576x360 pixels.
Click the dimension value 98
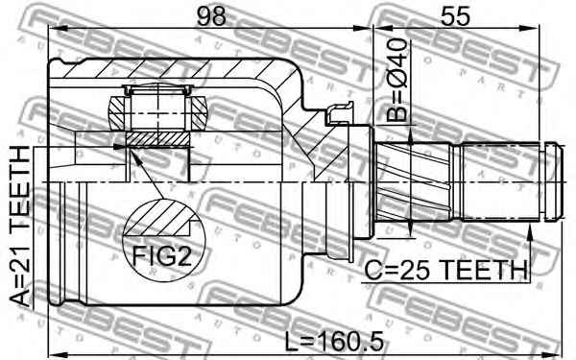[x=211, y=16]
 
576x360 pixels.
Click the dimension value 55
[x=455, y=16]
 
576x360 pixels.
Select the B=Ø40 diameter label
[x=397, y=80]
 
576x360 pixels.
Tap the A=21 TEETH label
[x=19, y=227]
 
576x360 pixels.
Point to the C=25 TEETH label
[x=446, y=270]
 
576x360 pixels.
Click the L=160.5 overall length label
[x=335, y=341]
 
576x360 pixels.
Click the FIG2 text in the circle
[x=162, y=256]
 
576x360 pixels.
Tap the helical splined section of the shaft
[x=413, y=181]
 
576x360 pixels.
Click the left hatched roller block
[x=117, y=111]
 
